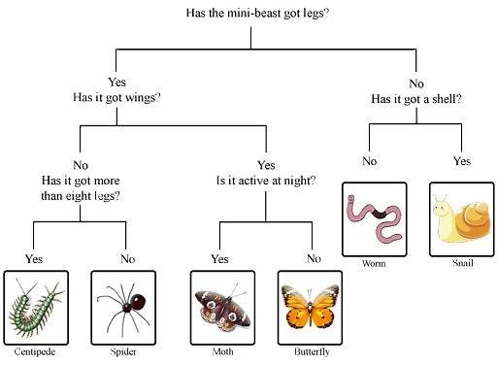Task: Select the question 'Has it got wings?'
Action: click(116, 98)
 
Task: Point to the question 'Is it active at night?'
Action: click(266, 180)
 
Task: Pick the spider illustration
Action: click(123, 305)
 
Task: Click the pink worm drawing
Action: click(375, 217)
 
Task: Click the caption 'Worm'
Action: click(374, 263)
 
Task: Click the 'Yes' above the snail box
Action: click(461, 160)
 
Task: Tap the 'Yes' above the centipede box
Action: click(34, 259)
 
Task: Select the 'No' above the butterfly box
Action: click(313, 258)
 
